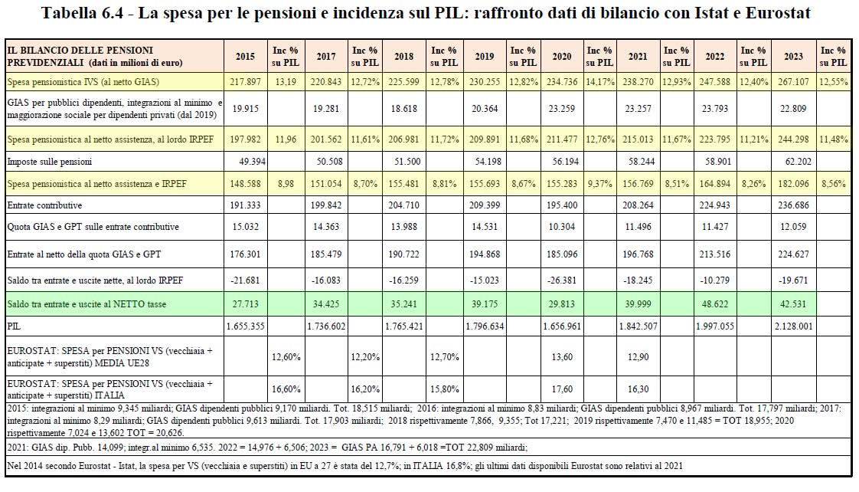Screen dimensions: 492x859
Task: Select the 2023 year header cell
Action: tap(793, 57)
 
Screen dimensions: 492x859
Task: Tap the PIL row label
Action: tap(15, 326)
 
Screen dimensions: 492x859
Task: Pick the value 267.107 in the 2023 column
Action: tap(793, 81)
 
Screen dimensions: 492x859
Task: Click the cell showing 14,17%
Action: tap(599, 81)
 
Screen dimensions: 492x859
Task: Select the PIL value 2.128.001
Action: tap(793, 326)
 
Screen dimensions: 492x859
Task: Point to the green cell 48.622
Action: tap(715, 304)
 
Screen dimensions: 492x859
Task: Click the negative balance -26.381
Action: tap(561, 280)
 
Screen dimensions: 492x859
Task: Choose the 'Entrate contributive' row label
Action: tap(44, 205)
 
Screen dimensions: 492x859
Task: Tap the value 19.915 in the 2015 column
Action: tap(245, 109)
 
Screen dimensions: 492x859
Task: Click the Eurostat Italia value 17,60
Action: tap(561, 389)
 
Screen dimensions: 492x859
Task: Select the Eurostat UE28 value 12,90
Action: tap(638, 356)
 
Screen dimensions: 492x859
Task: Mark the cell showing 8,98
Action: tap(285, 184)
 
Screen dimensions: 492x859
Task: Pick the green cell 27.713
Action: tap(245, 304)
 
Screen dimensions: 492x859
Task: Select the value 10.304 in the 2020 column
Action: tap(561, 227)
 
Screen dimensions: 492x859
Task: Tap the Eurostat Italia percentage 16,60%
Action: tap(285, 389)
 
